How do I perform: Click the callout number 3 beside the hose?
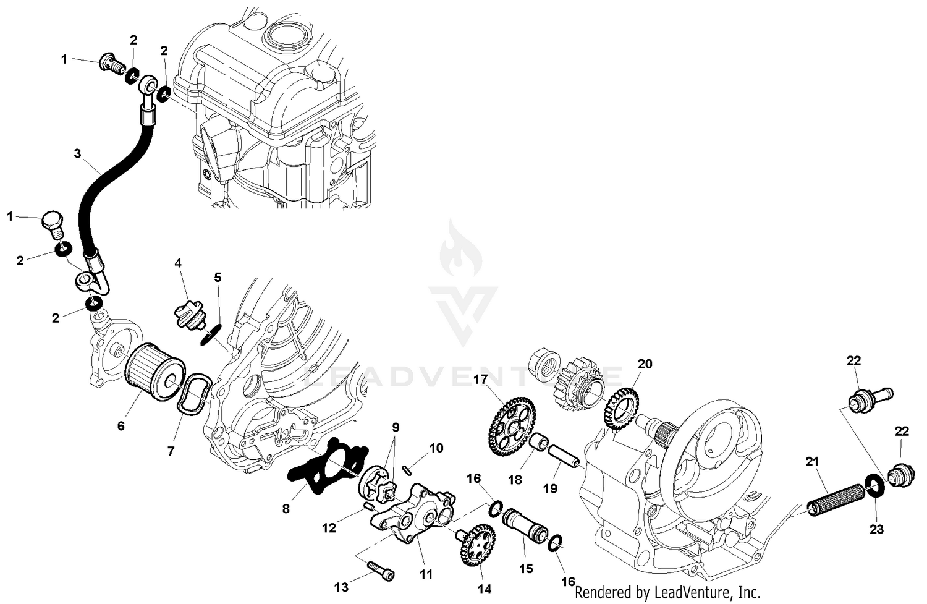tap(77, 153)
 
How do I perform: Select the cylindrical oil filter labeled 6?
tap(154, 372)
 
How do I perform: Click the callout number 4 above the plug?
tap(178, 263)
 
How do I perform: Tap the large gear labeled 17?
tap(513, 420)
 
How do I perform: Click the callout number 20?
tap(645, 364)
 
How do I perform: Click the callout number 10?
tap(436, 448)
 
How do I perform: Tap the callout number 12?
tap(329, 528)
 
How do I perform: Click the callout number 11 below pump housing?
tap(426, 574)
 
